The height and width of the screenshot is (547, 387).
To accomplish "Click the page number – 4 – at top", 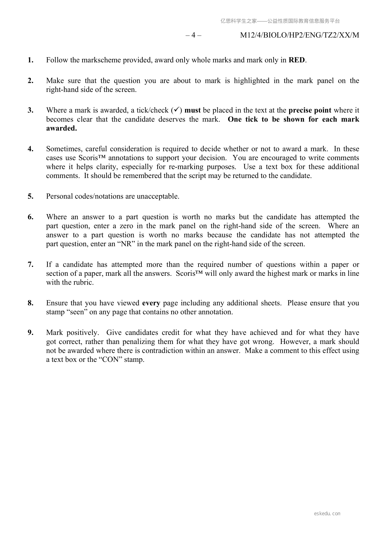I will (193, 35).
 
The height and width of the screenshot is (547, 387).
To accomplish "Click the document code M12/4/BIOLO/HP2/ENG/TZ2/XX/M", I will (299, 35).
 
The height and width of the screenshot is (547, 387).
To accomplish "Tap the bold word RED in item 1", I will (297, 60).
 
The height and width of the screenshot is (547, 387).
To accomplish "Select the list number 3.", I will (31, 110).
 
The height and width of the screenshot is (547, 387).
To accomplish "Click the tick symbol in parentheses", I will (176, 110).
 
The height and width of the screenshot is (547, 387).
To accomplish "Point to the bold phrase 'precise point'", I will (310, 110).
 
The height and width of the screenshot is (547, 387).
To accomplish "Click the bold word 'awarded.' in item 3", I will (61, 128).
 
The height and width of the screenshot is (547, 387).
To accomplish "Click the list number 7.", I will (31, 265).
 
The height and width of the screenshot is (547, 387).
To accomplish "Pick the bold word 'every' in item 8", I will (151, 303).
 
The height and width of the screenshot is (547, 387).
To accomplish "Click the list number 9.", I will (31, 333).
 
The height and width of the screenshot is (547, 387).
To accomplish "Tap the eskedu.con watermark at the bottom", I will (327, 514).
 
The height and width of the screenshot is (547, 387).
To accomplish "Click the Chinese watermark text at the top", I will (280, 21).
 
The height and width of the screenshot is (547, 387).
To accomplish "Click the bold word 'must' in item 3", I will (192, 110).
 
